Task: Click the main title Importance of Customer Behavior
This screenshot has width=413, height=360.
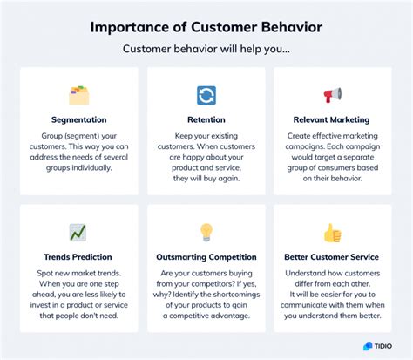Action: [206, 26]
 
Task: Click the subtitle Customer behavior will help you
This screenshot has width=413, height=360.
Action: [206, 51]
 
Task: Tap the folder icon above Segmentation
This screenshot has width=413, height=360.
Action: [78, 95]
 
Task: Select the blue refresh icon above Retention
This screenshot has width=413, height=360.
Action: [206, 95]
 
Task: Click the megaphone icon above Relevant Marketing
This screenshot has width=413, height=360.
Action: [333, 95]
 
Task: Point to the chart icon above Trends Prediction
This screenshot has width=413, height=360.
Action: [78, 232]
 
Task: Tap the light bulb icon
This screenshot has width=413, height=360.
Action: [206, 232]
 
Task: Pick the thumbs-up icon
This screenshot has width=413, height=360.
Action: [333, 233]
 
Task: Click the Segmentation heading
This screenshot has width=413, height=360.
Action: [78, 120]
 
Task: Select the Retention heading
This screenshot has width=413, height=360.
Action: [206, 120]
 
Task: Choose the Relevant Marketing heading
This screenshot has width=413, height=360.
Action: [333, 120]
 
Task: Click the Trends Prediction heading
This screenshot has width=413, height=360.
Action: [78, 257]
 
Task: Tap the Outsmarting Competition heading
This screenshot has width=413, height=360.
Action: [206, 257]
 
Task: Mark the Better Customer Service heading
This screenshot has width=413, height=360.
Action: [333, 257]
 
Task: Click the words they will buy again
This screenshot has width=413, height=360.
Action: [206, 179]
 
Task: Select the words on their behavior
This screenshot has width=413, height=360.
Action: [333, 179]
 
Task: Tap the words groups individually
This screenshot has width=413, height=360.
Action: [78, 166]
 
